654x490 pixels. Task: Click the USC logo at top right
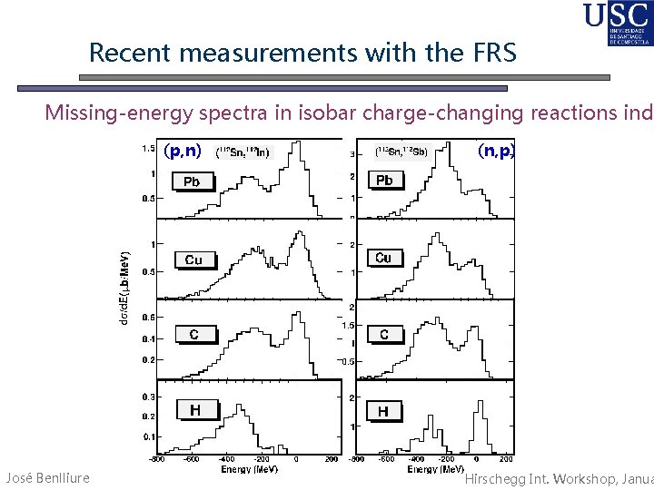pos(618,24)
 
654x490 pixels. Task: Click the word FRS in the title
pos(491,53)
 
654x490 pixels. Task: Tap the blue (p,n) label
pos(183,152)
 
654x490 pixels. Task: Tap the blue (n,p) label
pos(496,152)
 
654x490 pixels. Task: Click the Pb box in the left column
pos(192,181)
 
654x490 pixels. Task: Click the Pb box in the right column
pos(384,180)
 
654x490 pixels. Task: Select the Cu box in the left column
pos(193,260)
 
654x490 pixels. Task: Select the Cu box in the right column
pos(383,258)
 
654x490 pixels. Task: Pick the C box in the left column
pos(193,335)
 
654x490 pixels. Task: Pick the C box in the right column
pos(384,335)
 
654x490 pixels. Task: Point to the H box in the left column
pos(194,410)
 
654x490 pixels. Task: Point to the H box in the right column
pos(383,411)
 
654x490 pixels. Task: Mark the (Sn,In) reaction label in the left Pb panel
pos(243,152)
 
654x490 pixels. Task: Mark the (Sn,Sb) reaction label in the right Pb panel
pos(401,152)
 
